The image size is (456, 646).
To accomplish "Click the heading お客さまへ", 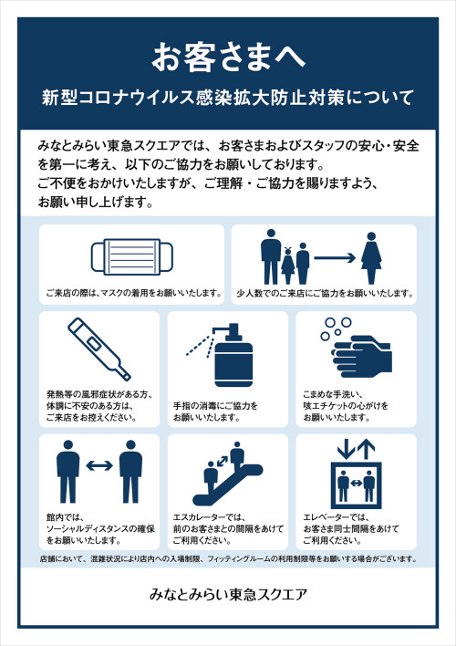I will point(228,57).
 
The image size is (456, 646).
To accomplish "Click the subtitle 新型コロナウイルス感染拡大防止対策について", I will point(228,97).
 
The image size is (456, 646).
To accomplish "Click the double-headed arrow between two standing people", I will point(99,466).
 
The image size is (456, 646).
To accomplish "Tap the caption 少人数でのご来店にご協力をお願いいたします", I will point(325,294).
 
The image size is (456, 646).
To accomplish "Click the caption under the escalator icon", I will point(223,529).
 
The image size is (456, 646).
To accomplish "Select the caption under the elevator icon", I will point(351,529).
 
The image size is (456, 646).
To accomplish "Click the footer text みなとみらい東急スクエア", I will point(228,594).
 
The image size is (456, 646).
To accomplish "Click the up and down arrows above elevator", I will point(356,449).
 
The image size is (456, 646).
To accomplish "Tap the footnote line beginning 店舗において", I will point(228,558).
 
